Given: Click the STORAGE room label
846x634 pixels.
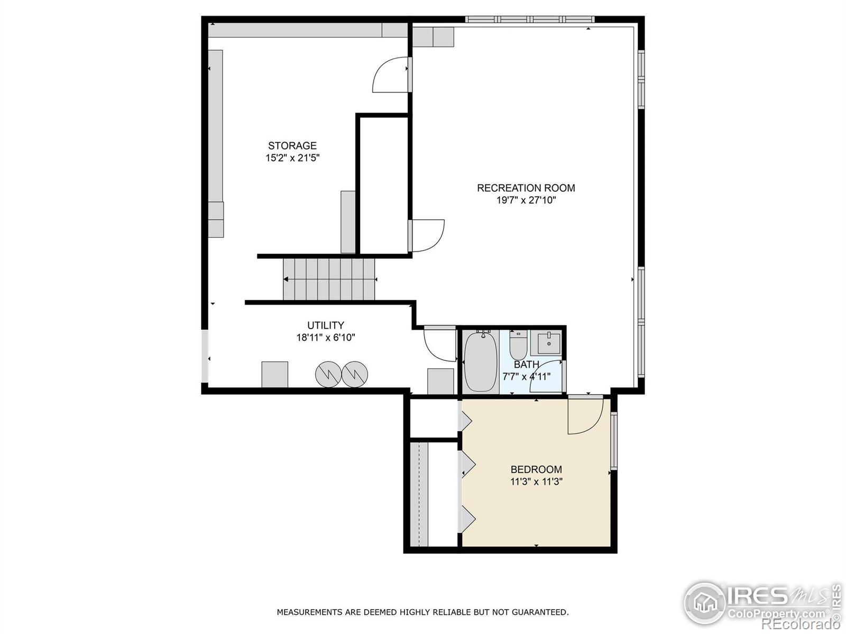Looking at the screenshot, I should [292, 146].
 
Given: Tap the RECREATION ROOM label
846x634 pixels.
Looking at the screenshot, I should [526, 188].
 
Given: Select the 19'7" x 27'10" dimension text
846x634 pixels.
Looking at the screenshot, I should [526, 200].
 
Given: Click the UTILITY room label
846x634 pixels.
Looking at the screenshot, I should [326, 325].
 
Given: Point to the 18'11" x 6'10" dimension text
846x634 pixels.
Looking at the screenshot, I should [326, 338].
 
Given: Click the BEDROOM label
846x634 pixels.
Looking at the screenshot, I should [536, 469].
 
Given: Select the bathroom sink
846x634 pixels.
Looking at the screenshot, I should [549, 343].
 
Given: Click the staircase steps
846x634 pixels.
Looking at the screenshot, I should [329, 279].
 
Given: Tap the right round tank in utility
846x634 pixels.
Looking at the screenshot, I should [354, 374].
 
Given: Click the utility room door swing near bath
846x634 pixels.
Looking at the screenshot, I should [439, 344].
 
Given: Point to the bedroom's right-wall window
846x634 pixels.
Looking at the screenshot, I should [614, 441].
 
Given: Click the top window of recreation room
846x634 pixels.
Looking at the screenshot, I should [530, 20].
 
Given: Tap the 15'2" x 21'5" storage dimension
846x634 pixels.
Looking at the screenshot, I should [292, 158].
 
